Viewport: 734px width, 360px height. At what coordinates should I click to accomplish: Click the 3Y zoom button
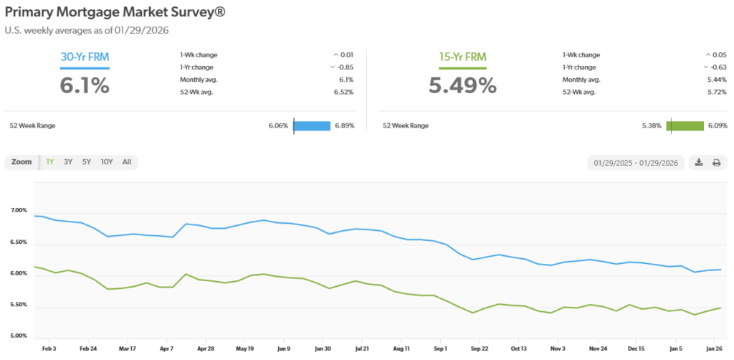(68, 162)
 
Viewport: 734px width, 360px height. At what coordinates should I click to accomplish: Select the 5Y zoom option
(87, 162)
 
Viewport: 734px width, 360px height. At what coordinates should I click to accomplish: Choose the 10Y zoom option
(107, 162)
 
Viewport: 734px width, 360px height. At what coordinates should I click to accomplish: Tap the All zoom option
(127, 162)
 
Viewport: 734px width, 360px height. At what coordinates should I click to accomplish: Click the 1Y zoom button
(50, 162)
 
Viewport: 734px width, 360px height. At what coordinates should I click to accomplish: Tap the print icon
(716, 163)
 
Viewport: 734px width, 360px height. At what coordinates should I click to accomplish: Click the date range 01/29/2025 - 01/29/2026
(636, 163)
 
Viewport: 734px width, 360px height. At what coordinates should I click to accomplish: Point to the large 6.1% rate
(85, 85)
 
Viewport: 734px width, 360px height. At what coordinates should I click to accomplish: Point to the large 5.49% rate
(462, 85)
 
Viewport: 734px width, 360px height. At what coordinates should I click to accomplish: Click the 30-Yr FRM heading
(85, 57)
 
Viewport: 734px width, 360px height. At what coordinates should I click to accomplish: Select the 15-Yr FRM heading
(462, 57)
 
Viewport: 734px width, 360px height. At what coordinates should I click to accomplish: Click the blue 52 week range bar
(312, 125)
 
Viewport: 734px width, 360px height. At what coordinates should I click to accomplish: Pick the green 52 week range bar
(686, 125)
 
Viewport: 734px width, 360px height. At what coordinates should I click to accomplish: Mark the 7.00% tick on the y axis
(19, 211)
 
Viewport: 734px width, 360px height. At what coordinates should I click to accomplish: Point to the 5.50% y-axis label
(19, 305)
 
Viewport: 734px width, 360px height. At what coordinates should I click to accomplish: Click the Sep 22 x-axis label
(479, 348)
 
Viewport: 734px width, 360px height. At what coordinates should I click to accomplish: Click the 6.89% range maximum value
(345, 125)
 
